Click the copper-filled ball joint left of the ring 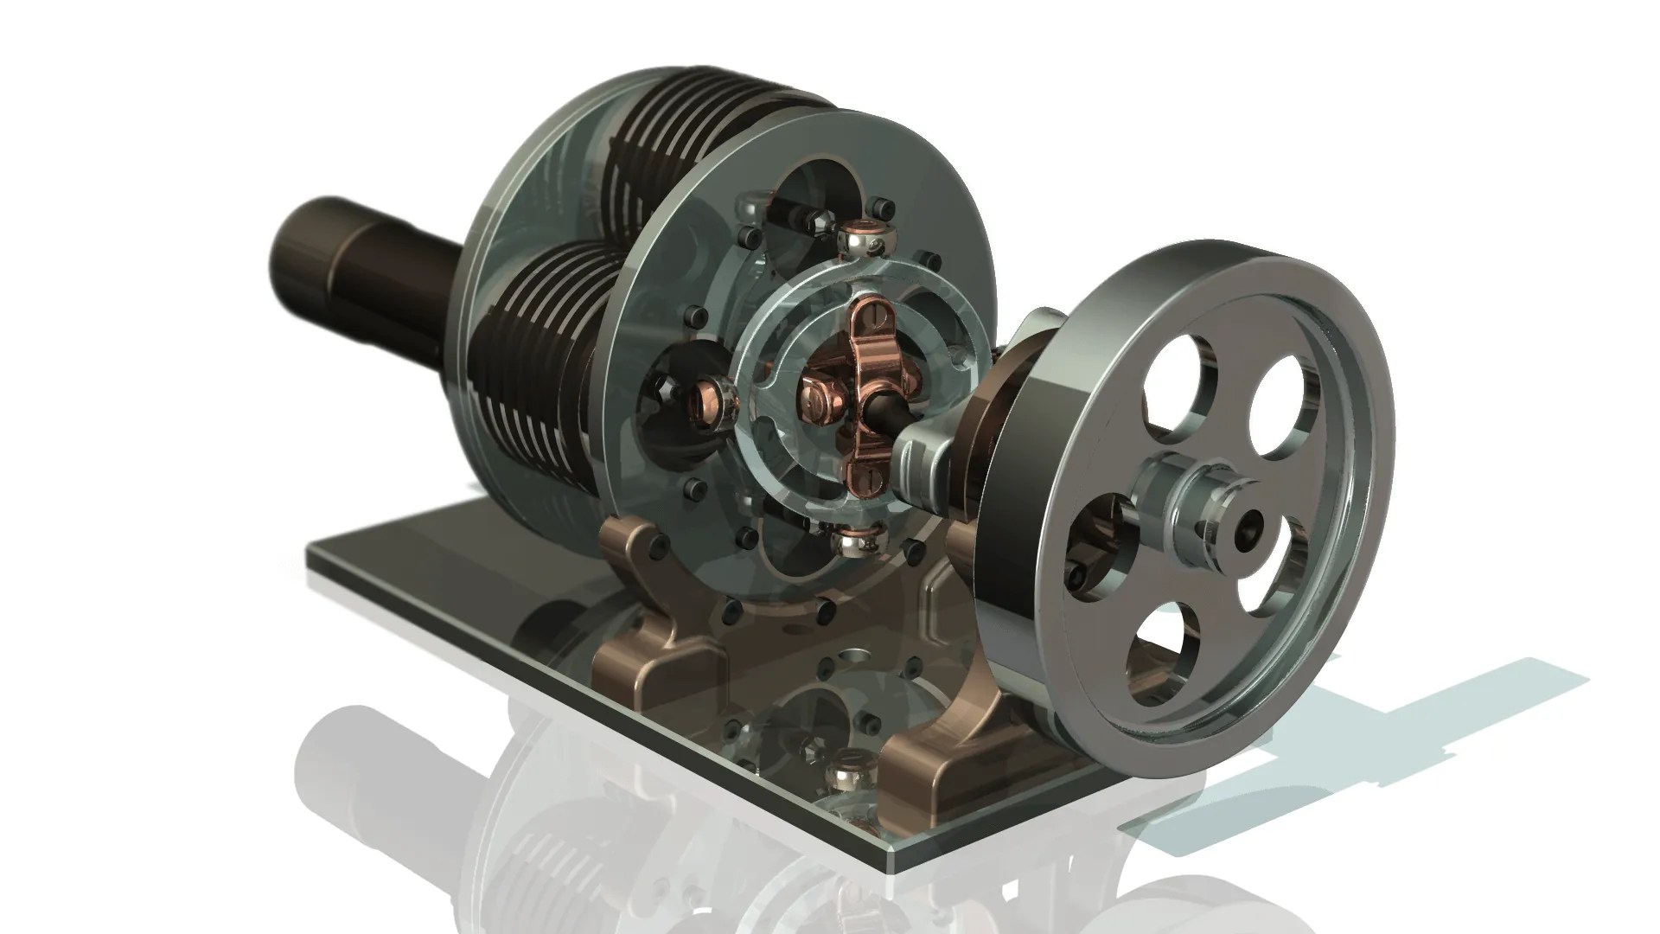[712, 390]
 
